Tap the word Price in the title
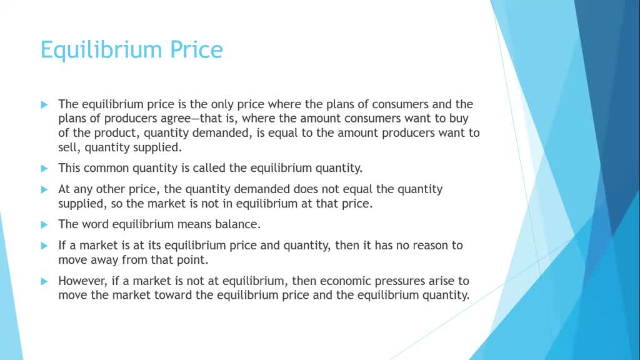click(x=195, y=49)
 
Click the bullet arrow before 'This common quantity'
click(x=44, y=168)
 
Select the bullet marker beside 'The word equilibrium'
click(x=44, y=224)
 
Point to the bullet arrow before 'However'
click(x=44, y=281)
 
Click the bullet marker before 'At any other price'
click(x=44, y=189)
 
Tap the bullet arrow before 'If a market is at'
click(x=44, y=245)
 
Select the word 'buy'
click(x=459, y=118)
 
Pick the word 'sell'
click(x=69, y=147)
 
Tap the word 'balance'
click(x=236, y=224)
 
